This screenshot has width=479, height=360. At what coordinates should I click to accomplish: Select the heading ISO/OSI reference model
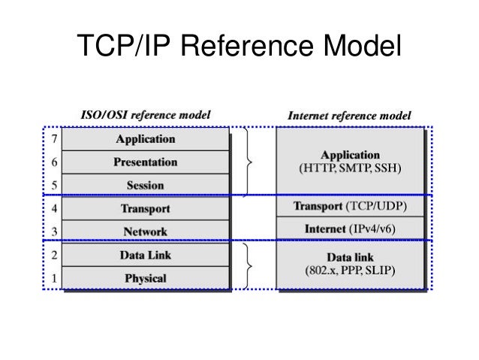pos(146,116)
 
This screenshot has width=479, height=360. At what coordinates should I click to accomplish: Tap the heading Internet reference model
pos(349,116)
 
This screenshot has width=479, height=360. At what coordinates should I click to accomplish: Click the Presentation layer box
pos(146,162)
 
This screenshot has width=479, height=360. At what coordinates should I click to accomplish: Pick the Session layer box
pos(146,185)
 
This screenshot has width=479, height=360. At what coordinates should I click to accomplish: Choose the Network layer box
pos(146,231)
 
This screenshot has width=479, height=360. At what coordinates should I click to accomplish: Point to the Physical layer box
pos(146,278)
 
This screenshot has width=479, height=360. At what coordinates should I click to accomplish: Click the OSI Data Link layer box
pos(146,255)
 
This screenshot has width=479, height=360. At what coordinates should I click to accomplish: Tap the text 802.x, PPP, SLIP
pos(350,270)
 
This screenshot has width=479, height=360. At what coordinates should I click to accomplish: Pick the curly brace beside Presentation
pos(249,162)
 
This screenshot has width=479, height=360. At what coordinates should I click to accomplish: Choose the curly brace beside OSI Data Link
pos(249,266)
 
